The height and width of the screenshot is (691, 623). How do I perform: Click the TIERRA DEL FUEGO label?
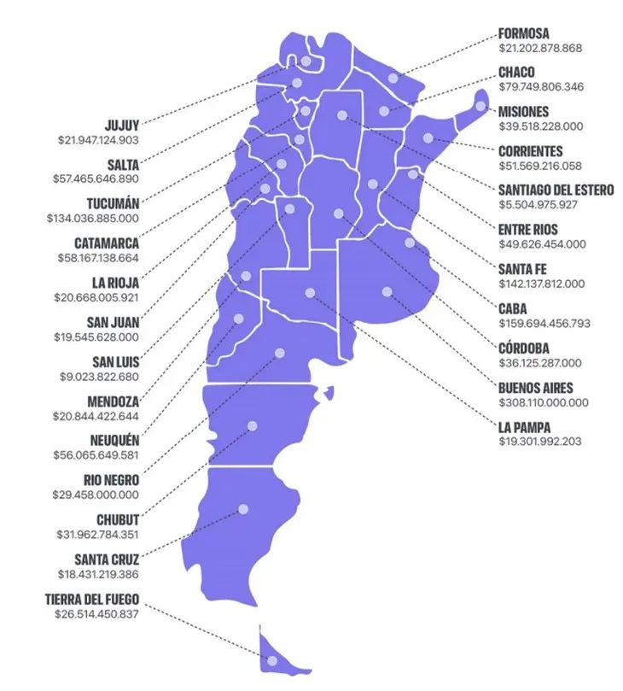92,600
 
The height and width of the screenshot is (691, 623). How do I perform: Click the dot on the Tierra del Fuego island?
271,661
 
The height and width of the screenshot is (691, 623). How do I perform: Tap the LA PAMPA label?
524,426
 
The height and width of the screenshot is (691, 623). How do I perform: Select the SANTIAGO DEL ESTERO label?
556,190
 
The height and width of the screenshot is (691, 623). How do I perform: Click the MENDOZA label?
113,401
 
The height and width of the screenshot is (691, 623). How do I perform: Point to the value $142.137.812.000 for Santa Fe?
542,283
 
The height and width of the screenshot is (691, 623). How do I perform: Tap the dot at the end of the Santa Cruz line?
243,508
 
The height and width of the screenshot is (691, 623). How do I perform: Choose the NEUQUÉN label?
113,441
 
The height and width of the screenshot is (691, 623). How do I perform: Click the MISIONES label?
524,112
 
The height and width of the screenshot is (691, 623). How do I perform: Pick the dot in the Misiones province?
480,107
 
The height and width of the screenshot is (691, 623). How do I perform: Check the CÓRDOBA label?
524,348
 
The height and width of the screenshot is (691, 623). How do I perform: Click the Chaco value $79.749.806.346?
542,87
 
